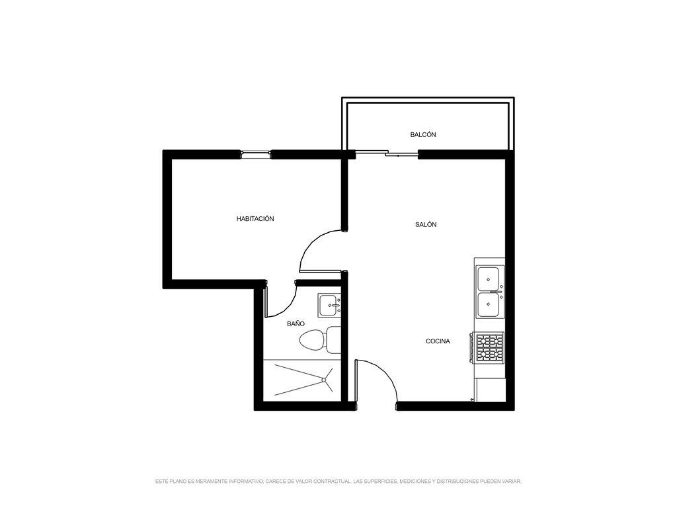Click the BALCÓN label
[x=422, y=135]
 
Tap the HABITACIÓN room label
[x=255, y=219]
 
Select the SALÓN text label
[x=426, y=225]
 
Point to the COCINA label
[x=438, y=341]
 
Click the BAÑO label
[x=296, y=323]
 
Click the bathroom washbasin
[x=329, y=306]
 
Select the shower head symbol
[x=323, y=380]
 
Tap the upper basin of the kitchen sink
[x=489, y=278]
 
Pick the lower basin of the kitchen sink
[x=489, y=304]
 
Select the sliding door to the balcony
[x=386, y=153]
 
